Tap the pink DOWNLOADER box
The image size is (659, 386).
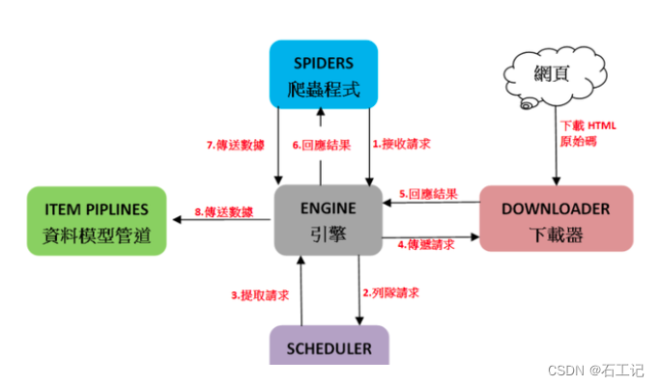(556, 218)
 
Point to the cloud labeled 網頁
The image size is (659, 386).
(550, 74)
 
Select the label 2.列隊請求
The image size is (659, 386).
(391, 290)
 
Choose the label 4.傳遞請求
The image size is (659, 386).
(428, 246)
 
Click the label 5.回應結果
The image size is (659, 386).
(428, 193)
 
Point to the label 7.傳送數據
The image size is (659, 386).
(236, 144)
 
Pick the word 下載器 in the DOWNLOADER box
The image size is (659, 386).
(556, 233)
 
